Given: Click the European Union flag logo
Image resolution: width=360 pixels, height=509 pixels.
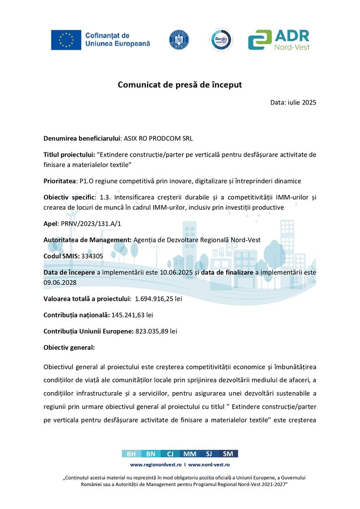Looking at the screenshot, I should pos(66,40).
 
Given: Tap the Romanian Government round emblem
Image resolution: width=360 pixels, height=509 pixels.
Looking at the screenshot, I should pos(179,39).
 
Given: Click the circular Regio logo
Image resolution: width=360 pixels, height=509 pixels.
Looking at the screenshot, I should pos(221,39).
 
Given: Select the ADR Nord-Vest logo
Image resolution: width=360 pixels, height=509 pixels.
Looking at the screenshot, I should pos(279,40).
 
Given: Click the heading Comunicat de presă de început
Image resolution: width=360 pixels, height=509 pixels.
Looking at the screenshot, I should pos(180,85).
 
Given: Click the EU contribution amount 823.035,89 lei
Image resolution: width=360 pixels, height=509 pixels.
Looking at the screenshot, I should pos(156,331).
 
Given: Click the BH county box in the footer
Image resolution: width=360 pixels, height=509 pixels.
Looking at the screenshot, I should pos(131,453).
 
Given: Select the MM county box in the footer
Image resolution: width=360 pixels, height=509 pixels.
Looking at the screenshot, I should pos(189,453).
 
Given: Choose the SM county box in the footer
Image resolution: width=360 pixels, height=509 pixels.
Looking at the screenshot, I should pos(228,453).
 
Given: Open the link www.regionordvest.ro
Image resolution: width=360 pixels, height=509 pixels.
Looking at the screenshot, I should pos(156,464).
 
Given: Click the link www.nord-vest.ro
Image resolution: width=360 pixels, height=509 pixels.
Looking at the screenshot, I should pos(209,464).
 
